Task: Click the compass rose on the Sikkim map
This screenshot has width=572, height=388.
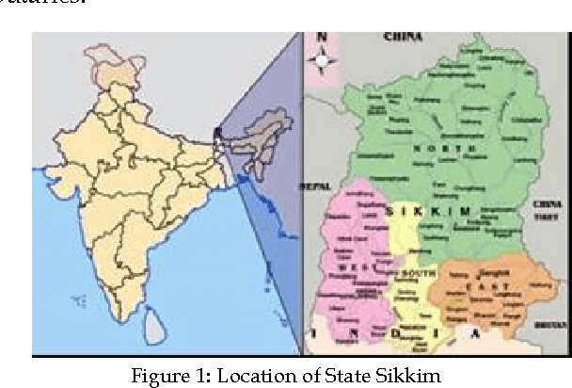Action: point(324,62)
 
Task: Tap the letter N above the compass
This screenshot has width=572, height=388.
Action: point(322,40)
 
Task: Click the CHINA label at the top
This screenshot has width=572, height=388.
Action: point(402,38)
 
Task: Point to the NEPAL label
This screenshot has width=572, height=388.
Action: point(313,186)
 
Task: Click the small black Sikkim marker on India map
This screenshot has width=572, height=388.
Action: point(216,133)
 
